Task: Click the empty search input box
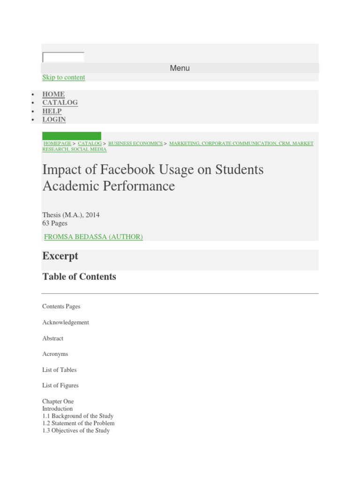63,57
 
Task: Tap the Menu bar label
180,68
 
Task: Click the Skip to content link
64,77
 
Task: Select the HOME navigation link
53,94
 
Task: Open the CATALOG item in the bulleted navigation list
60,103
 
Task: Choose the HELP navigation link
52,111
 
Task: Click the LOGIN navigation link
54,120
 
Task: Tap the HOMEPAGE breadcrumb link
57,143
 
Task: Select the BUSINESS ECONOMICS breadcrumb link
135,143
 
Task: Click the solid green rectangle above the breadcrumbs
71,136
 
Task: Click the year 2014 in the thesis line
92,215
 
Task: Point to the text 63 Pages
55,223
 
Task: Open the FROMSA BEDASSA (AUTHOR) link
93,237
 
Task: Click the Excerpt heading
60,256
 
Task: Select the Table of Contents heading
79,277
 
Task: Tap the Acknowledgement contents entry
66,322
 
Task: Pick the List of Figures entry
60,385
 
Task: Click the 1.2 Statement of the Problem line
78,423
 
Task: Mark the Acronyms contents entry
55,354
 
